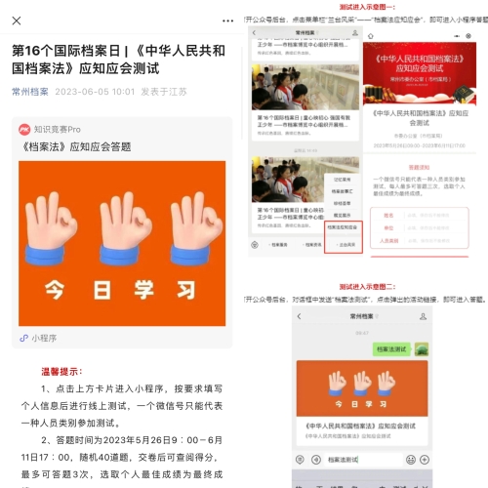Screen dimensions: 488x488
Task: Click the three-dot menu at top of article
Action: click(226, 19)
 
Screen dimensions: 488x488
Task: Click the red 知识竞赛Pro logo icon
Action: click(23, 129)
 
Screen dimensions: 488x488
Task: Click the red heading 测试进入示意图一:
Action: click(367, 5)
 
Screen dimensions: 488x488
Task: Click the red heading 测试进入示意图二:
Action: click(367, 287)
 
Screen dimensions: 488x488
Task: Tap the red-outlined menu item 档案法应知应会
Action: click(343, 226)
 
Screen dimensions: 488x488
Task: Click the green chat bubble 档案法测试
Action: click(389, 348)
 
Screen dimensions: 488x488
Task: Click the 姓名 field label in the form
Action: click(388, 215)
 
